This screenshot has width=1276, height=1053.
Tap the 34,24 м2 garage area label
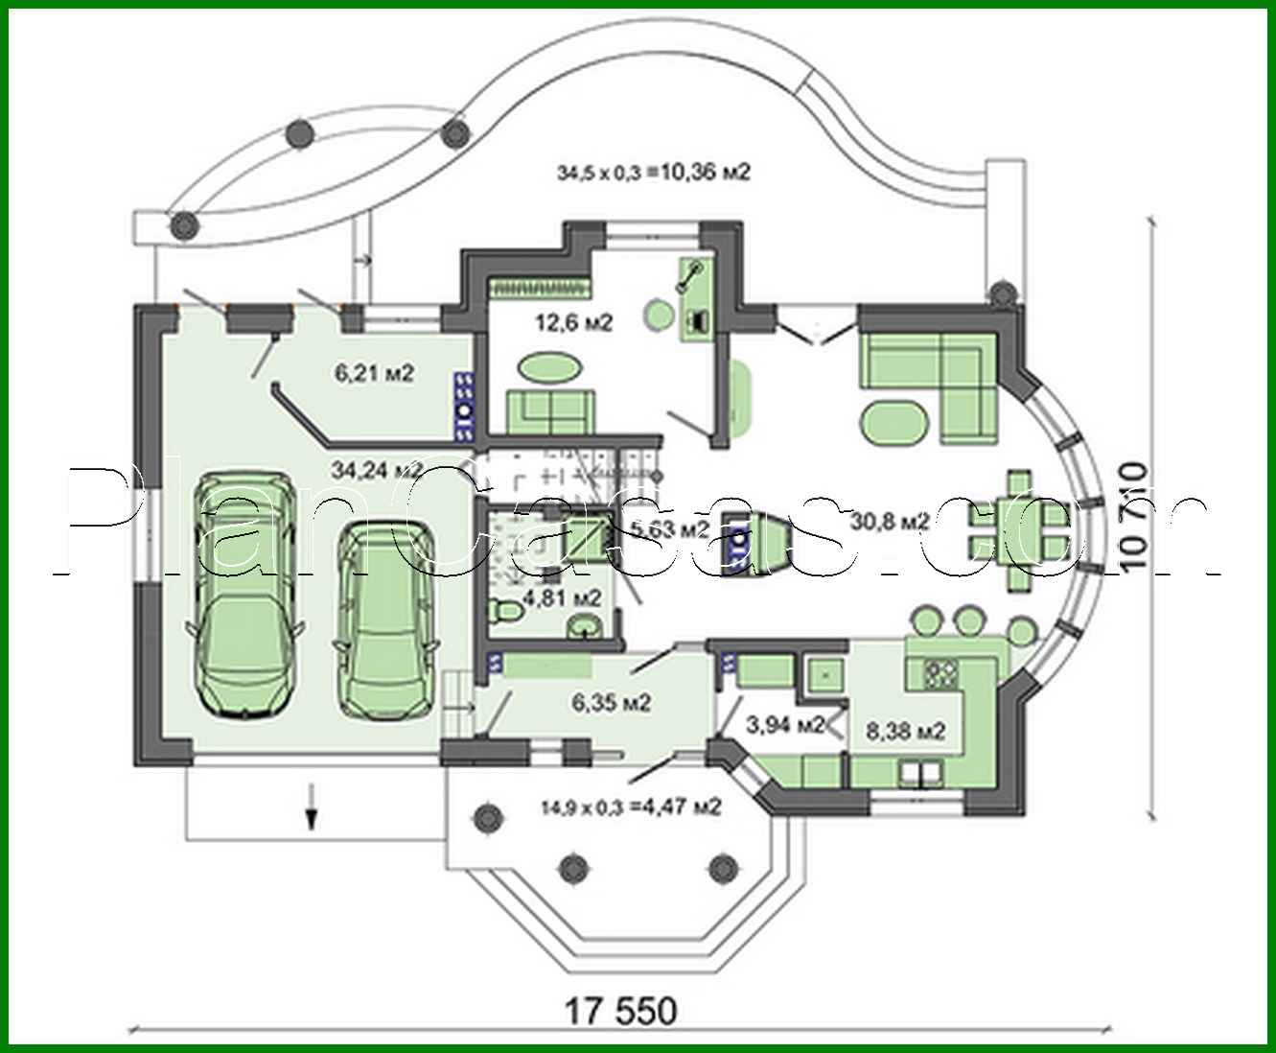[x=377, y=470]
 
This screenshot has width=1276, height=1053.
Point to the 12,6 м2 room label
[x=573, y=322]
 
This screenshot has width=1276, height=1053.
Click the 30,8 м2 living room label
[x=891, y=521]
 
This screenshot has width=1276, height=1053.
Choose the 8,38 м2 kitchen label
[x=906, y=731]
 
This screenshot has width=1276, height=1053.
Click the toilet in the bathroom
[x=504, y=610]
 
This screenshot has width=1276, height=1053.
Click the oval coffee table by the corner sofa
[x=895, y=422]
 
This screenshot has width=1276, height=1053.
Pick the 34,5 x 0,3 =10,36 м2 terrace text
[x=653, y=173]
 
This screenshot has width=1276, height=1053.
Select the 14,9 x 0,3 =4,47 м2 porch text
[x=630, y=807]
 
